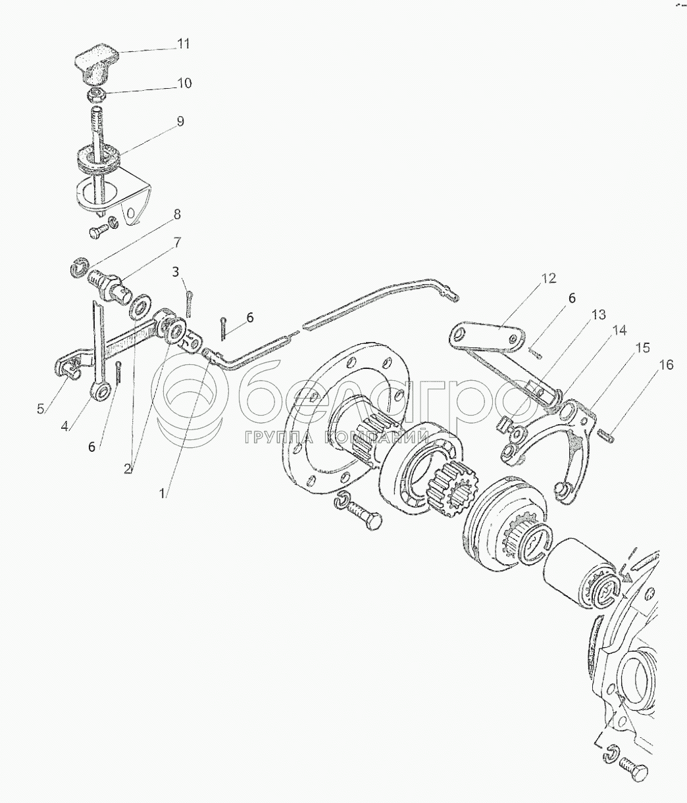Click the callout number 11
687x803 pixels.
pos(183,44)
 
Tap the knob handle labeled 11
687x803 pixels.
pos(97,64)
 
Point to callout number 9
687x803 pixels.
pos(180,121)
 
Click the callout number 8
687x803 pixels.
pos(176,214)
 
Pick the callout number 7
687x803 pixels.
pos(176,243)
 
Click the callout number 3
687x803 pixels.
pos(176,272)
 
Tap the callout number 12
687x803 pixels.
pos(549,278)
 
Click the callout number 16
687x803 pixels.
pos(666,365)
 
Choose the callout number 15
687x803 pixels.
pos(644,348)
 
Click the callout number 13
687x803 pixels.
pos(598,314)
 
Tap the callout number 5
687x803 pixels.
pos(40,409)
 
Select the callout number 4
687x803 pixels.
pos(64,426)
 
